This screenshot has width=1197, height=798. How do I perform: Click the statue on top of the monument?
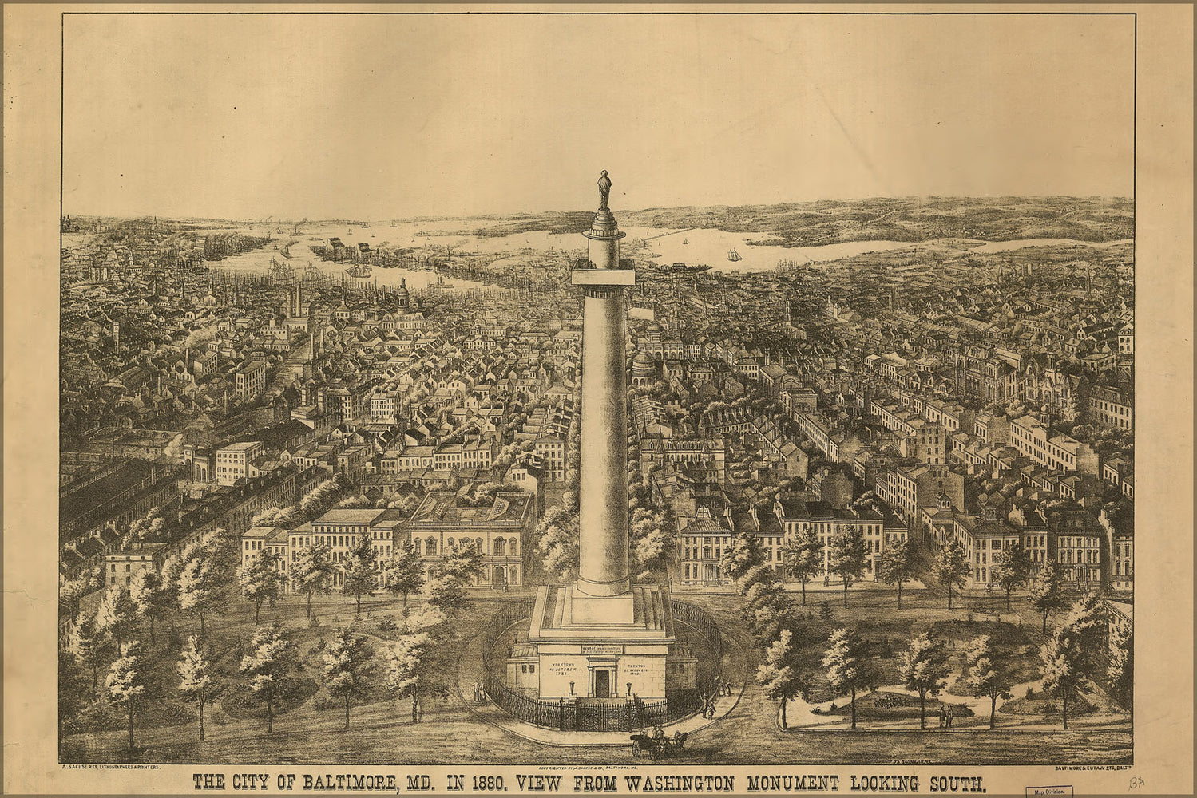(x=604, y=190)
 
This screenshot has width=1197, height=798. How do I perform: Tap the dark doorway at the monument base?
(x=600, y=682)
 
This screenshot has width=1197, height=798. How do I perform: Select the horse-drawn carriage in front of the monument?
(x=656, y=742)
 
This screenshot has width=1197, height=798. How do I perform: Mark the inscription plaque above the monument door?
(x=601, y=650)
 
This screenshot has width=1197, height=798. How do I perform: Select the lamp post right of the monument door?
(x=629, y=688)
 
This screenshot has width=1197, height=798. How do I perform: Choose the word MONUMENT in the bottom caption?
(x=769, y=783)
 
